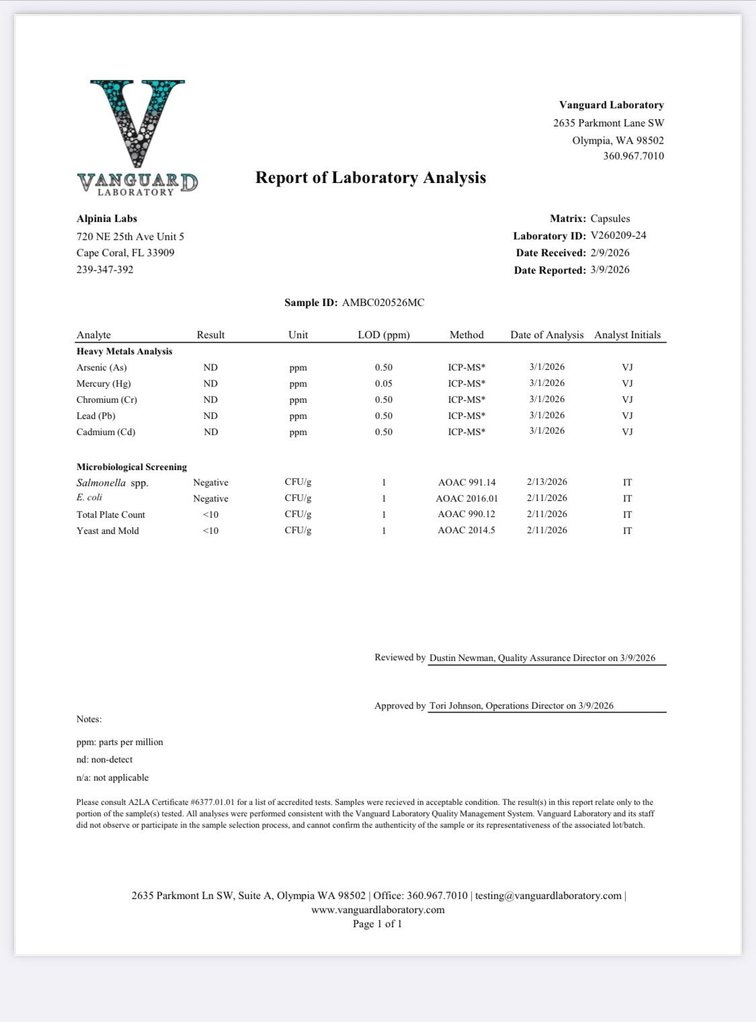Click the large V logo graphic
point(137,124)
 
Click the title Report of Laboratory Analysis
point(370,178)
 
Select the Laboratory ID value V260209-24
point(618,235)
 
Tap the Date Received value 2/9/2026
point(610,253)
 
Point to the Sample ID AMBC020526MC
point(383,303)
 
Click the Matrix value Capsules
point(610,219)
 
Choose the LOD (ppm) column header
point(384,335)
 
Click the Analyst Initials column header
point(627,335)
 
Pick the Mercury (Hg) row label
point(103,384)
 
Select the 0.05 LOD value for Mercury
point(384,384)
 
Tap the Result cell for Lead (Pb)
point(210,416)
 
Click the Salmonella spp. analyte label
point(112,483)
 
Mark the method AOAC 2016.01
point(467,499)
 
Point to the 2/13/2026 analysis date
point(547,482)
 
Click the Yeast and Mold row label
point(108,531)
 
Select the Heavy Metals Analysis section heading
point(124,352)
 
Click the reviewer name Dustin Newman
point(462,658)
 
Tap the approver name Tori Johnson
point(455,706)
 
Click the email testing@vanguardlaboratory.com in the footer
point(548,896)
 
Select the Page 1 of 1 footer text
point(378,924)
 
